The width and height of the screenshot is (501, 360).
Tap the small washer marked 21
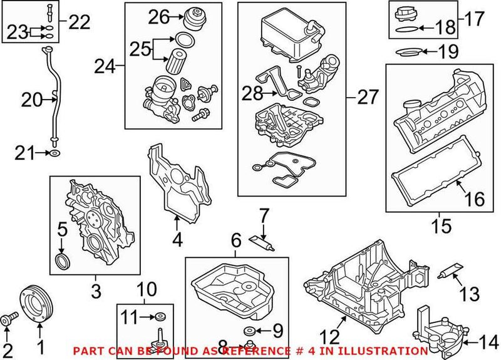coord(56,152)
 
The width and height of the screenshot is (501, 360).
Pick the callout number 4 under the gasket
coord(178,239)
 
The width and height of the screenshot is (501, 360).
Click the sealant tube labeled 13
coord(449,271)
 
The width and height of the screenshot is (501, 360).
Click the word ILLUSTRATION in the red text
coord(388,351)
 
